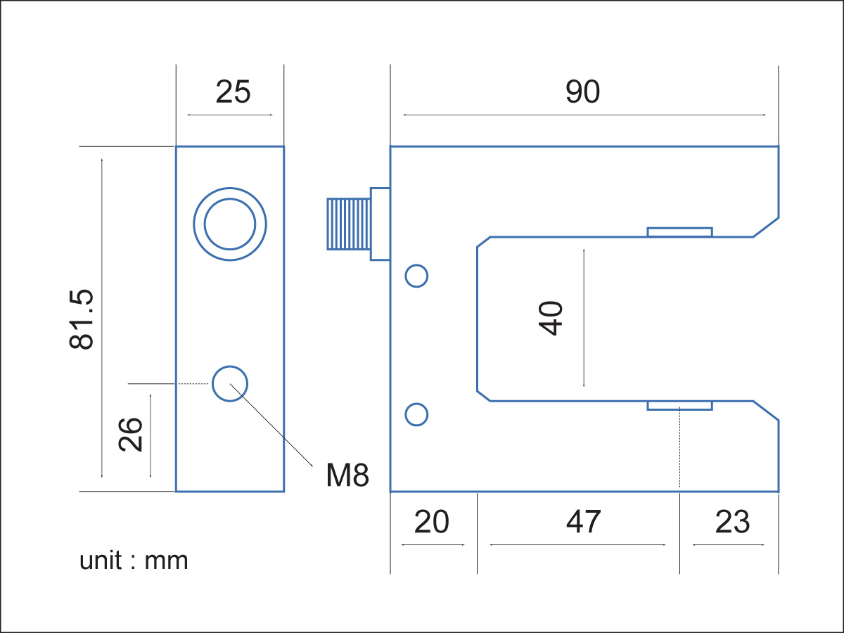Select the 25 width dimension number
pos(233,92)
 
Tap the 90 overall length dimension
pos(582,92)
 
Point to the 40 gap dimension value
pos(551,318)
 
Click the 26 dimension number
pos(131,435)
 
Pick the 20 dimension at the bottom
pos(431,523)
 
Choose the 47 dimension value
pos(584,523)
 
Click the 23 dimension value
pos(732,523)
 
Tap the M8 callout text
pos(347,476)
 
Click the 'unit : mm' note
pos(134,561)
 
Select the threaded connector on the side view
pos(348,224)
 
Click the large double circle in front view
pos(230,224)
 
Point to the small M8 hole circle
pos(229,383)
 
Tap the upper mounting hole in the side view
pos(416,276)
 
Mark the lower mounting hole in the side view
pos(416,415)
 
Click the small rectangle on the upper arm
pos(679,232)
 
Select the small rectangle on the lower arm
pos(679,406)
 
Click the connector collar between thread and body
pos(380,224)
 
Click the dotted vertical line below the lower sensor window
pos(680,450)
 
